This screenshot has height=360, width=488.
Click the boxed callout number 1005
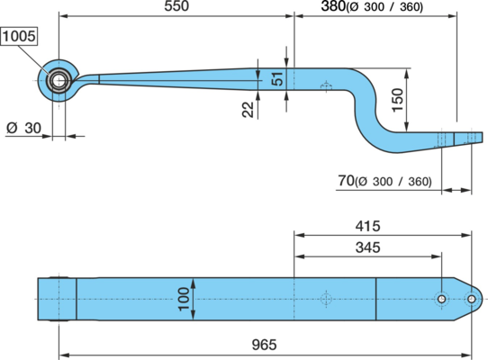[19, 36]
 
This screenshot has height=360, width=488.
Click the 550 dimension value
[176, 6]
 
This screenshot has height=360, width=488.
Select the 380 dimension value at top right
[333, 6]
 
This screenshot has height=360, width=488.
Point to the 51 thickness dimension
[276, 79]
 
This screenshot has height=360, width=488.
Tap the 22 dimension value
[248, 110]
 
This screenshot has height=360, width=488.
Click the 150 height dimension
[397, 100]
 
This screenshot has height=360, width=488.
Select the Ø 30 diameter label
[23, 128]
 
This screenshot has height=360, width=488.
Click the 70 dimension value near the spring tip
[346, 181]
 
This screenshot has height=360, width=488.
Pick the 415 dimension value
[368, 226]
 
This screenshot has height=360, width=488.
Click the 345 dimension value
[368, 247]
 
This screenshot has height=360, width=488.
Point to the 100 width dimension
[184, 299]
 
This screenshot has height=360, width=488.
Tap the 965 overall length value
[264, 345]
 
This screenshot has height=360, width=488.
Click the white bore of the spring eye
[59, 81]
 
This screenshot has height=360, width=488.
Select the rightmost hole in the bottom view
[472, 299]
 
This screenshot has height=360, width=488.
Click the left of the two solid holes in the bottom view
[441, 299]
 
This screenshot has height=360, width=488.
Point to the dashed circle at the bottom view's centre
[326, 299]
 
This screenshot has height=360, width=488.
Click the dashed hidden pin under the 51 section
[326, 86]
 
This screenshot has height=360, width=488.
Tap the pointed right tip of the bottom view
[483, 299]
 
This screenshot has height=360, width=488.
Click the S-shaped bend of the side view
[367, 106]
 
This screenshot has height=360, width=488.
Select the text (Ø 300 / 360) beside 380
[384, 7]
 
